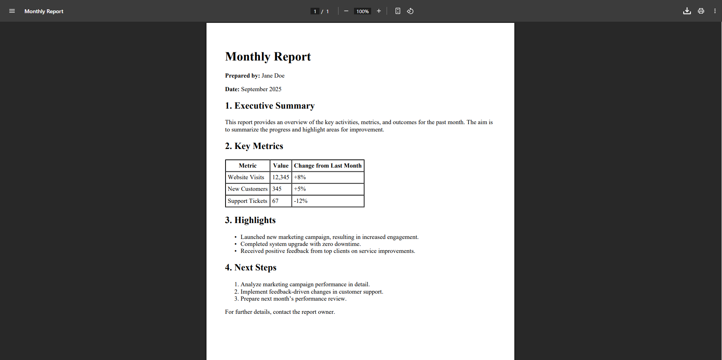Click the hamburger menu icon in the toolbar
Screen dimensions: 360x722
[x=12, y=11]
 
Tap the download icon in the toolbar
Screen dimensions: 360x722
[x=687, y=11]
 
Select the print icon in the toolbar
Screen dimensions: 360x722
[x=701, y=11]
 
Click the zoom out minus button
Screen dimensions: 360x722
[x=346, y=11]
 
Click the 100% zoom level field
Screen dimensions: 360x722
[x=362, y=11]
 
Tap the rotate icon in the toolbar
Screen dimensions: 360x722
[x=410, y=11]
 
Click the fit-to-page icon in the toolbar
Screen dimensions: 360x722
[x=397, y=11]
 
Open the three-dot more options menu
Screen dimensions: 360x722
[x=715, y=11]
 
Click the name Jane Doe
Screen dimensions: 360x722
[x=273, y=76]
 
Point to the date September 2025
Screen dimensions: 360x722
[x=261, y=89]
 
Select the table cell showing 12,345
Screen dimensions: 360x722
[x=281, y=177]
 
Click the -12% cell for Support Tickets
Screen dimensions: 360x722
[x=300, y=201]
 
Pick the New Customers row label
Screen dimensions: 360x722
[x=248, y=189]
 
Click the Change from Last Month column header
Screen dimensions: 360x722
[x=328, y=166]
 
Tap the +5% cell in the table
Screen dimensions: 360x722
[x=300, y=189]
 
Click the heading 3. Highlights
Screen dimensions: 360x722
[x=250, y=220]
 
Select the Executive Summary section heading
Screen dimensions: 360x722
[x=270, y=106]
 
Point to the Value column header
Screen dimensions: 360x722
[x=281, y=166]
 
